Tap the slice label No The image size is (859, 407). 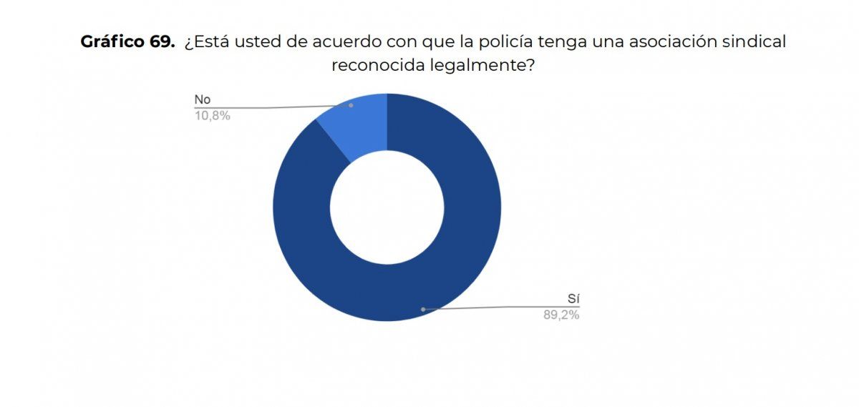pos(203,99)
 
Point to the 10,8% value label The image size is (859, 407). pos(212,115)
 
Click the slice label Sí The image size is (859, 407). pos(573,299)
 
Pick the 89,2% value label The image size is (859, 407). pos(561,315)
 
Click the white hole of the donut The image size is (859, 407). pos(387,207)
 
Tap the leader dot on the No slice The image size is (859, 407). pos(351,105)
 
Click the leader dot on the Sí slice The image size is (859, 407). pos(423,309)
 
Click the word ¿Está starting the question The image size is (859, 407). pos(205,42)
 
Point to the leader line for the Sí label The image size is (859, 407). pos(501,308)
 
